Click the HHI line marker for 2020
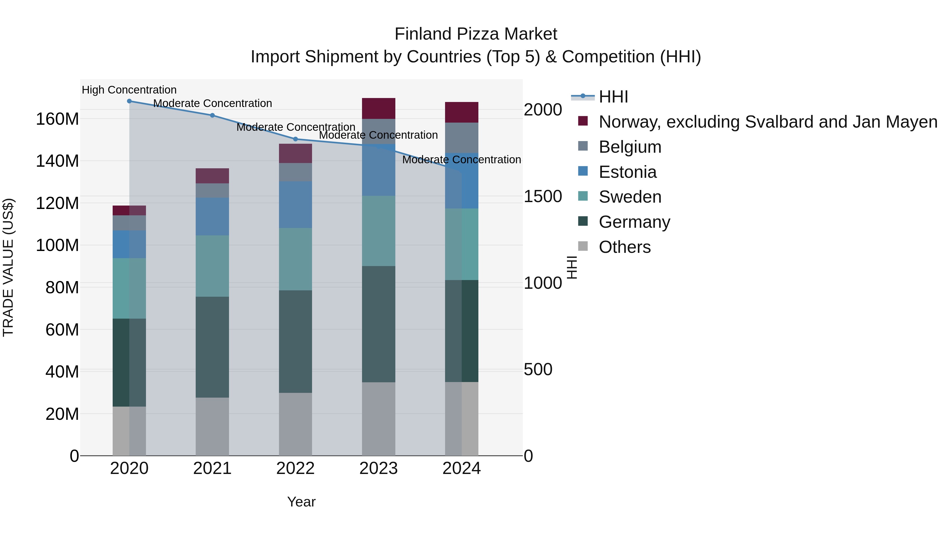129,101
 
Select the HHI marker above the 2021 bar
213,115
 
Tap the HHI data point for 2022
295,139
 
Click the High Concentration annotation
129,90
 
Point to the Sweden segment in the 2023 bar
378,231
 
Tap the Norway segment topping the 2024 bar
461,112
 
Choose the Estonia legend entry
628,172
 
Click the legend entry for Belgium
630,147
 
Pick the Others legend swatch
583,246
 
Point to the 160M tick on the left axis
57,119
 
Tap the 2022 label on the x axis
295,468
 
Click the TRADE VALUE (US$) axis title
8,267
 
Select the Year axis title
301,502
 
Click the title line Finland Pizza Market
476,34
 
